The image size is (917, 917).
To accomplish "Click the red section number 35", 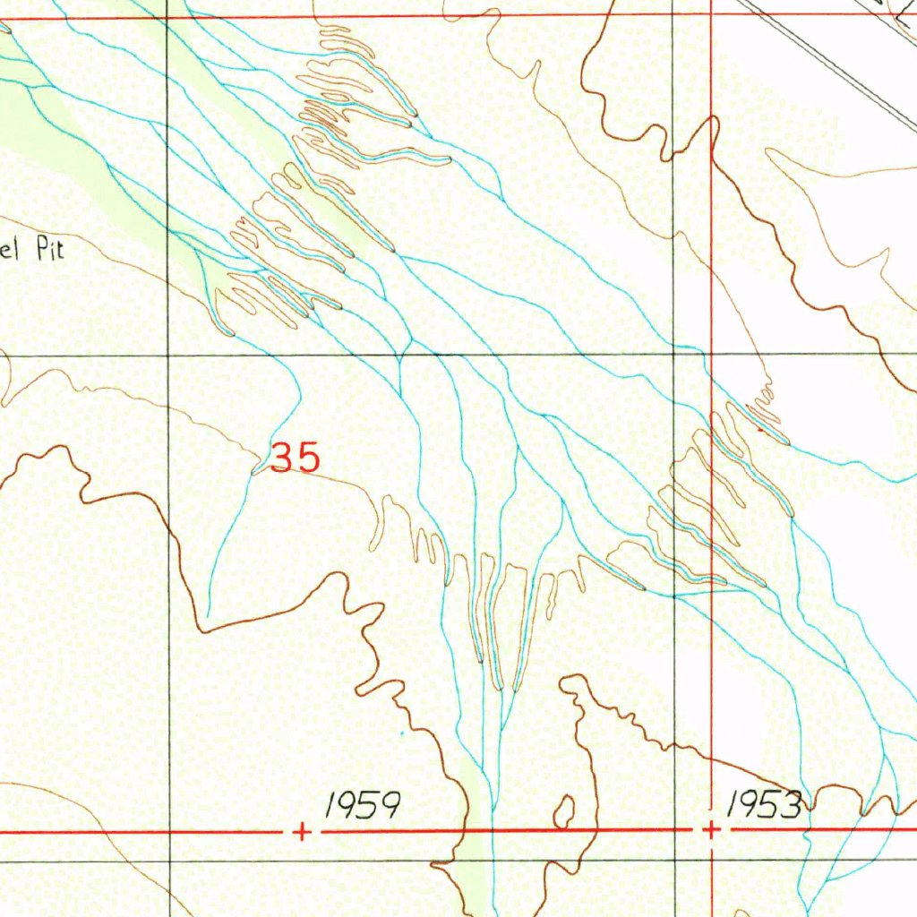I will (x=295, y=458).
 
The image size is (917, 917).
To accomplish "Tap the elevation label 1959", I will (x=361, y=806).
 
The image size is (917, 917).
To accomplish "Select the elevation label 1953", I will (x=763, y=805).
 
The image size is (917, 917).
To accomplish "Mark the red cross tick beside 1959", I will (x=303, y=832).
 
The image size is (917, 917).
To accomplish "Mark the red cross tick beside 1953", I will (x=710, y=831).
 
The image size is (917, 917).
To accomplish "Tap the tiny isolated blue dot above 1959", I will (x=402, y=733).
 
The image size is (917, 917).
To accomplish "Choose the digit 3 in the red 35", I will (x=282, y=458).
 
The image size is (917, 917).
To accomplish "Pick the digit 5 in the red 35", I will (x=307, y=458).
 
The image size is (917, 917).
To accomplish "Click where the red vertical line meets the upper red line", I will (x=710, y=15).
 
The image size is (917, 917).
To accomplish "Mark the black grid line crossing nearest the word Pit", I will (x=168, y=356).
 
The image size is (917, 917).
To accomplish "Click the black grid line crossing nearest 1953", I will (x=674, y=861).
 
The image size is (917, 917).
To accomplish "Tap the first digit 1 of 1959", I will (x=331, y=806).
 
